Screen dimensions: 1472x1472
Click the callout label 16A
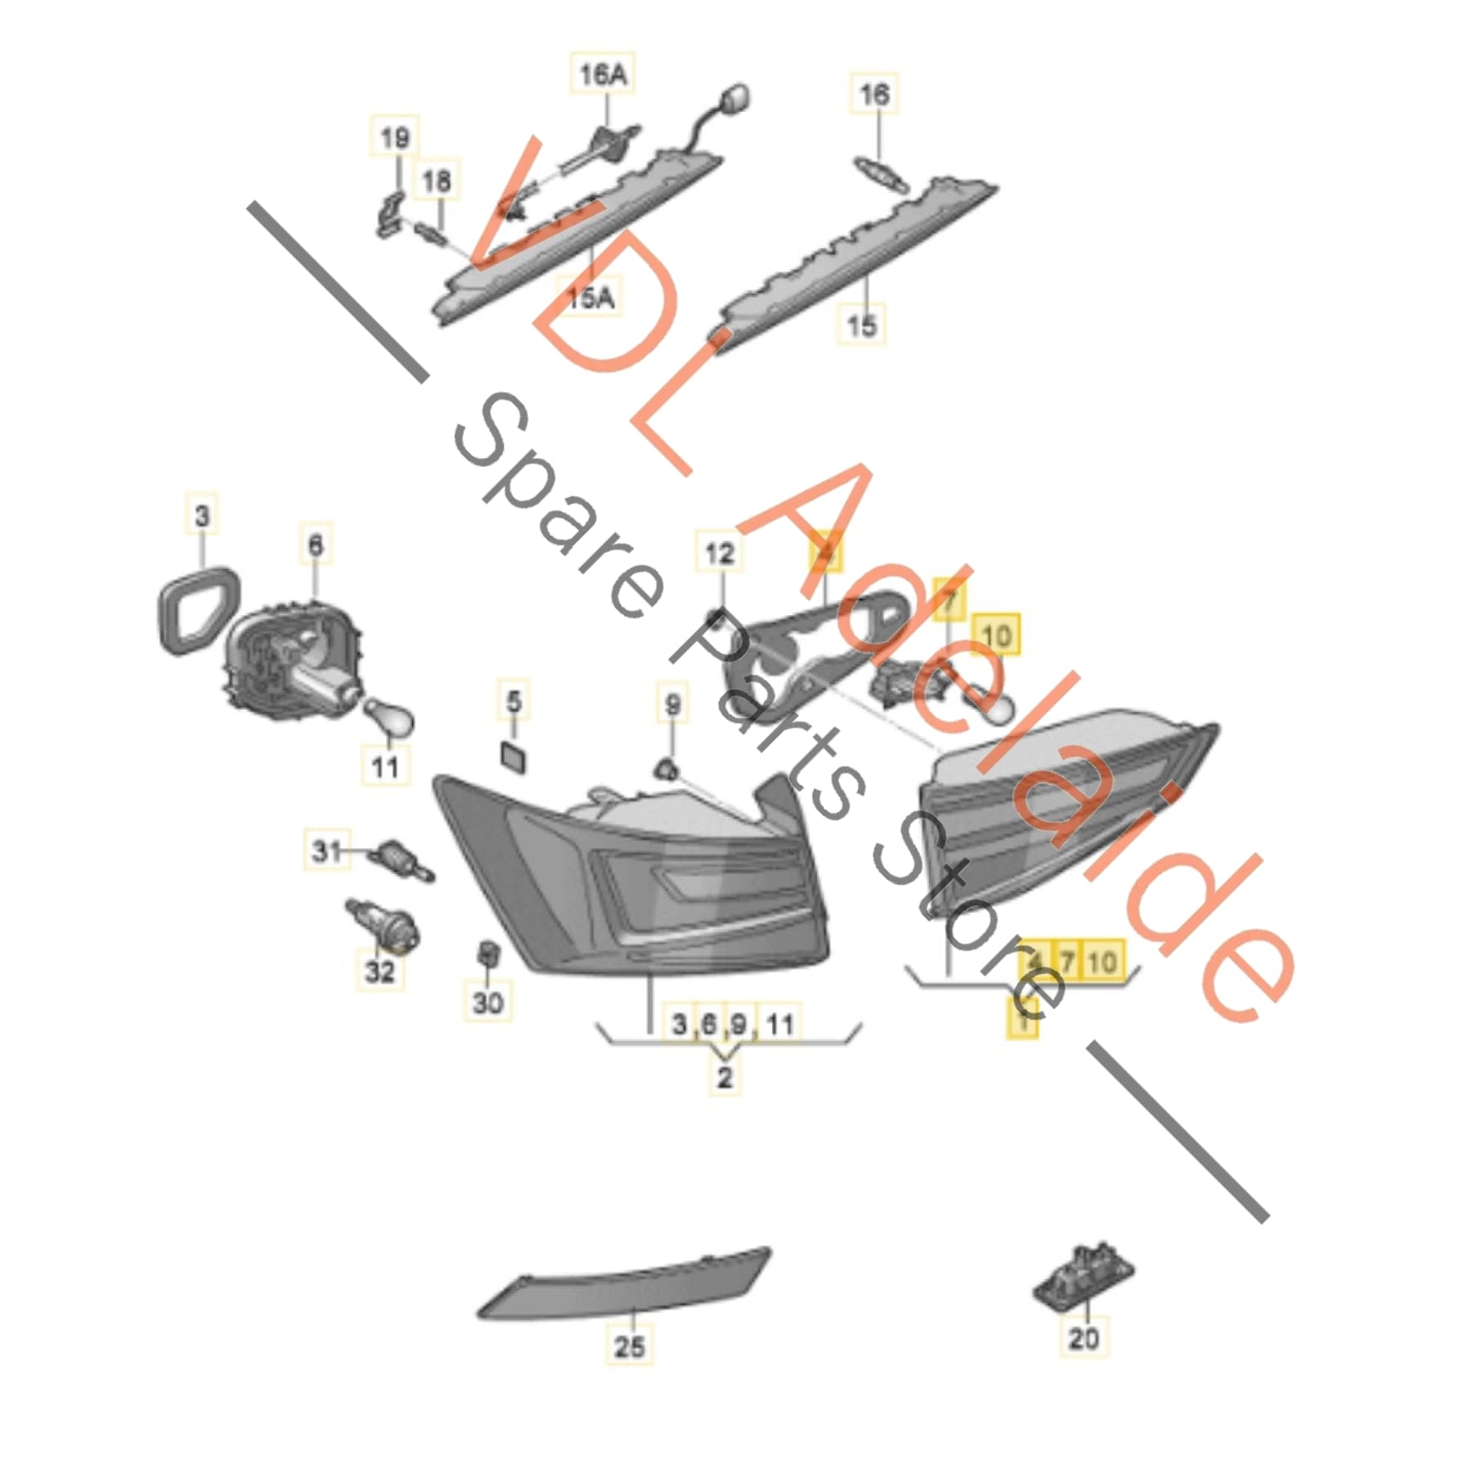[602, 75]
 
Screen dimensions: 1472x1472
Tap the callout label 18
[437, 181]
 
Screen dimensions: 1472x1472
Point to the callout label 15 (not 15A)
[861, 325]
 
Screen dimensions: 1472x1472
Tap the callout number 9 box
[672, 704]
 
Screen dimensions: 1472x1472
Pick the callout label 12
[719, 554]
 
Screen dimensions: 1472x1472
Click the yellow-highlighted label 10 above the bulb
[996, 635]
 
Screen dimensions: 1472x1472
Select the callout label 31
[326, 851]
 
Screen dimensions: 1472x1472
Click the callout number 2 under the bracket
[724, 1077]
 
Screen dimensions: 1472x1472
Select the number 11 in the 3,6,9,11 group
[780, 1024]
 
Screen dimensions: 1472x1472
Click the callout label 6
[316, 545]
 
